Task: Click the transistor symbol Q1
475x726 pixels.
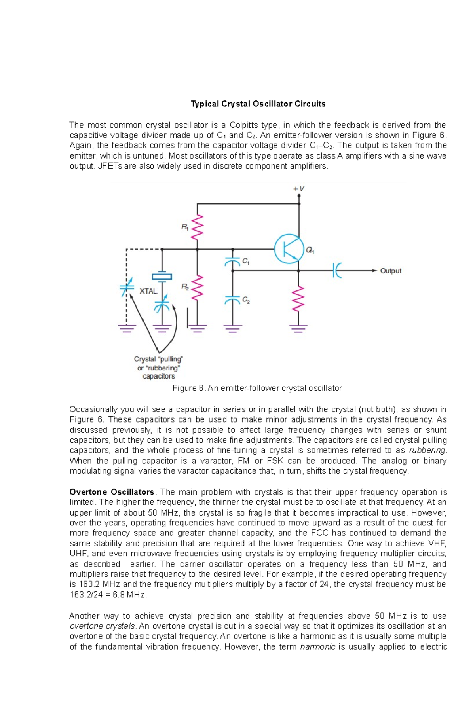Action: (x=289, y=249)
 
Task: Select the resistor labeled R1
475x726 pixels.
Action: (x=197, y=227)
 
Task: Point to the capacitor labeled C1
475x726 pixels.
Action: (x=233, y=262)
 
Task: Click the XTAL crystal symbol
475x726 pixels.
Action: (x=162, y=277)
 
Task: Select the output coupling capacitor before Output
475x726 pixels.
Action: (x=337, y=271)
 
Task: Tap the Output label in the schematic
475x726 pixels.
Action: (x=390, y=271)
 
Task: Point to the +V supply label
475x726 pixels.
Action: (x=299, y=189)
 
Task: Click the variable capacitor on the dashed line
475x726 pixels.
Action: (x=127, y=288)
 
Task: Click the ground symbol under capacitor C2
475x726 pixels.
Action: (x=233, y=328)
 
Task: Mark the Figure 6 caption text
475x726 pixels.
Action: (x=257, y=388)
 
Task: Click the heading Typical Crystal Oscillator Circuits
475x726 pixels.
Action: (x=258, y=104)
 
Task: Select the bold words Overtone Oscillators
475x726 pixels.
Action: (x=112, y=492)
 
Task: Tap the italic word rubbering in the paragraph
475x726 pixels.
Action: (x=427, y=450)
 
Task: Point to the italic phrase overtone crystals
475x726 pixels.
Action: (x=103, y=626)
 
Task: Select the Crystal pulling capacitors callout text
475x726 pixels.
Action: (x=158, y=368)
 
